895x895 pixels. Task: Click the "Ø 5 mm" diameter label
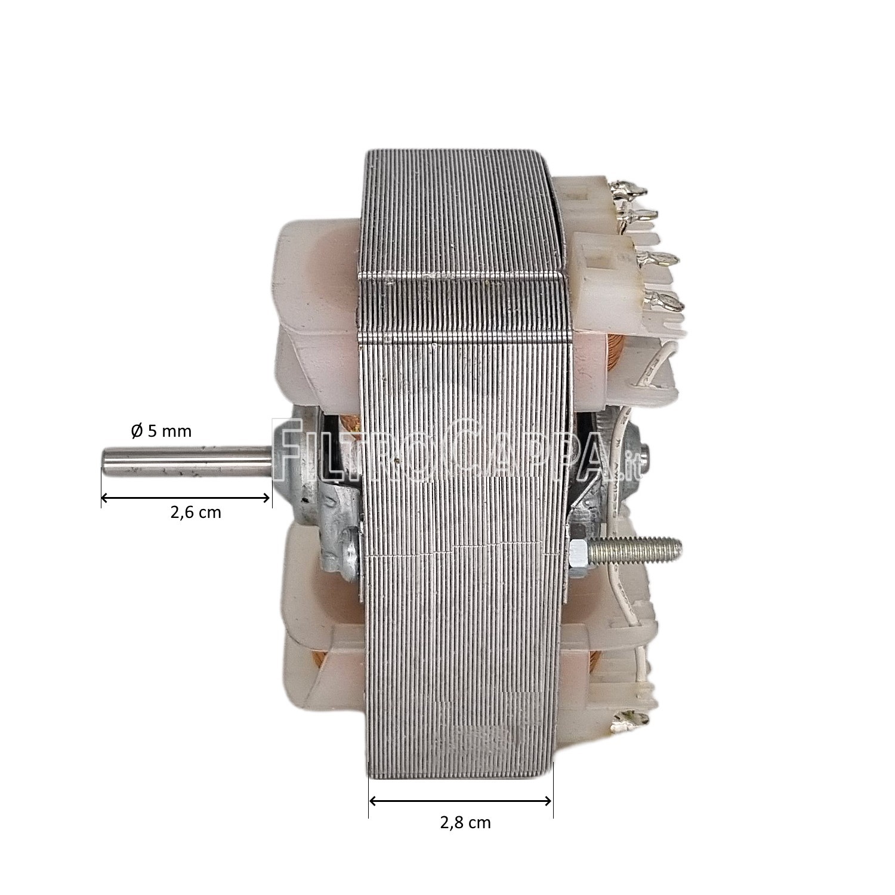click(161, 430)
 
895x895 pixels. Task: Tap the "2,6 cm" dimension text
click(196, 512)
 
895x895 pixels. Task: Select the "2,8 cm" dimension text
click(465, 823)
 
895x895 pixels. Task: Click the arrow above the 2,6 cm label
click(186, 496)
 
